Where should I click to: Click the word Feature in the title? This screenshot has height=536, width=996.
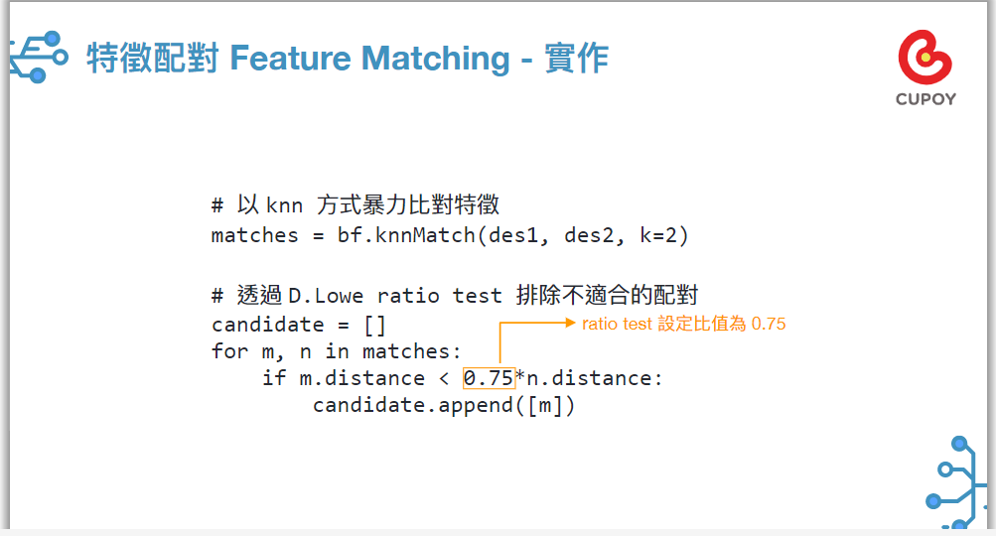tap(290, 59)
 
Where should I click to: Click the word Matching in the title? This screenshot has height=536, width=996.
tap(435, 60)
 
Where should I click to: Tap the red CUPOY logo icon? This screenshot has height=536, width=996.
tap(925, 58)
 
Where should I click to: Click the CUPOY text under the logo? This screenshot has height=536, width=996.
tap(925, 99)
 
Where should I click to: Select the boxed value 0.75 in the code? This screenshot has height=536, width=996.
tap(489, 378)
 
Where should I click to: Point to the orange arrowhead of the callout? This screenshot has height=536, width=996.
tap(570, 323)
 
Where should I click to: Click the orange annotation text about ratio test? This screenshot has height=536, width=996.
tap(683, 324)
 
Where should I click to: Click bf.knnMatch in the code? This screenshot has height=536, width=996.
tap(406, 235)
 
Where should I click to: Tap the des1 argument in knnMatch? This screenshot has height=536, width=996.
tap(513, 235)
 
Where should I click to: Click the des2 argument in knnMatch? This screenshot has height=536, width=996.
tap(589, 235)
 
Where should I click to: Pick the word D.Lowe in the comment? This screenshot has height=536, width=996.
tap(326, 296)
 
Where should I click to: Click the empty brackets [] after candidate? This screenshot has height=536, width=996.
tap(374, 326)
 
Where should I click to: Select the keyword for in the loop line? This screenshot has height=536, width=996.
tap(230, 351)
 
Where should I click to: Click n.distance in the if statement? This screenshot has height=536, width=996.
tap(589, 378)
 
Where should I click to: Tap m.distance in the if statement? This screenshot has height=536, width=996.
tap(362, 378)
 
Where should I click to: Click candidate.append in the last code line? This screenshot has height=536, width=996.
tap(413, 406)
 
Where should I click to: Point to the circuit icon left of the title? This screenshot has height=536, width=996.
tap(38, 58)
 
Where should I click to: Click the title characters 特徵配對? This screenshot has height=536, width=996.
tap(153, 59)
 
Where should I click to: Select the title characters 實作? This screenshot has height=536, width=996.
tap(577, 59)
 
